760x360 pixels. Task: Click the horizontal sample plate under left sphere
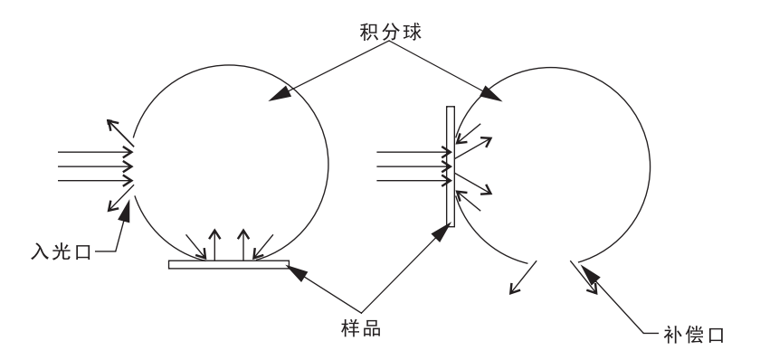coord(229,264)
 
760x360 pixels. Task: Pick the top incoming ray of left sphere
coord(96,151)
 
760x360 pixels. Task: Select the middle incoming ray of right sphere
coord(412,166)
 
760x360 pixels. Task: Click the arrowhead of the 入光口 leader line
coord(128,209)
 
